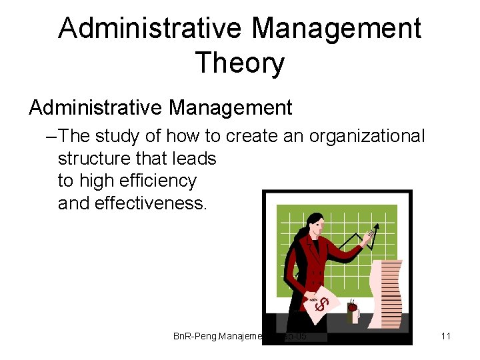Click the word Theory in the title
pos(239,63)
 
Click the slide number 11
pos(446,336)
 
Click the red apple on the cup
pos(351,307)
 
